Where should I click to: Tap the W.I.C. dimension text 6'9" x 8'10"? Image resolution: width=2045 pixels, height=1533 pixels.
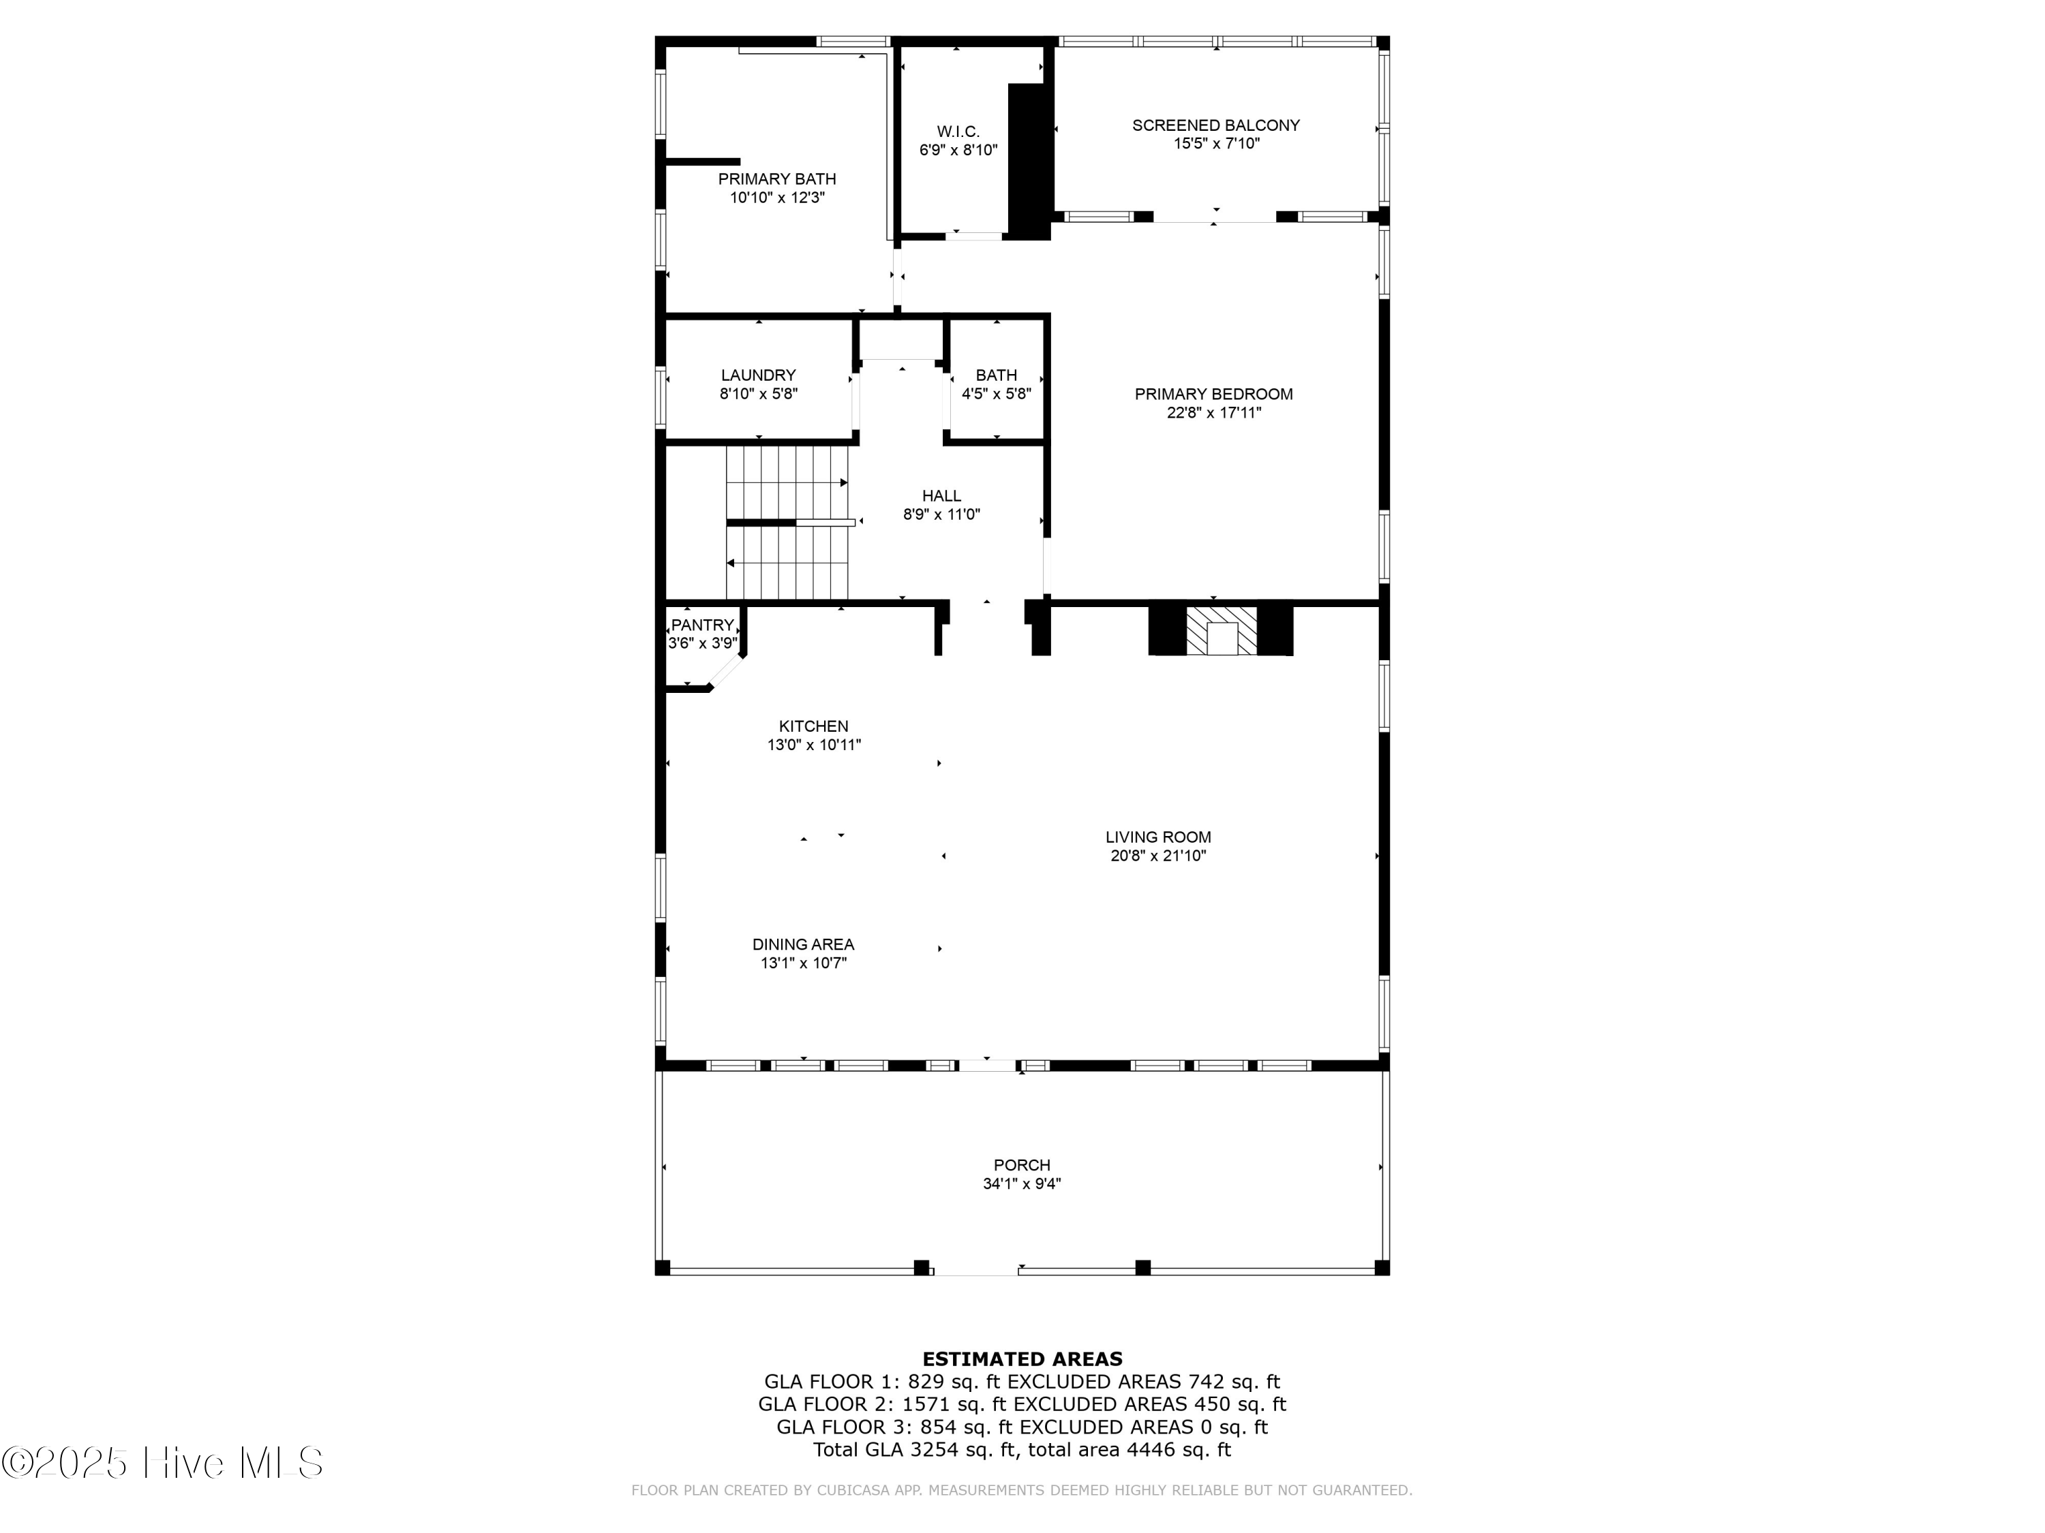(x=958, y=150)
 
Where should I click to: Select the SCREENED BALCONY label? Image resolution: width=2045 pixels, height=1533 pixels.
(x=1215, y=125)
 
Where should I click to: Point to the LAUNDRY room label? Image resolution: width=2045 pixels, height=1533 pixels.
(x=758, y=375)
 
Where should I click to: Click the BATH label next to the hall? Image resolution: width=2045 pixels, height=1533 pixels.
(x=996, y=375)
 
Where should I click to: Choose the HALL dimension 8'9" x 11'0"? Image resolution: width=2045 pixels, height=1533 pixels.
(x=941, y=514)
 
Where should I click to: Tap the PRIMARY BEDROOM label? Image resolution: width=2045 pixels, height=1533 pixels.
(x=1213, y=394)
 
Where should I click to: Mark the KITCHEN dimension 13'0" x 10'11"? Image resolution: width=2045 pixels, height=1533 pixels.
(x=813, y=745)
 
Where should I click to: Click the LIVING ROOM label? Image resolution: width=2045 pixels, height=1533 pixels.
(x=1157, y=837)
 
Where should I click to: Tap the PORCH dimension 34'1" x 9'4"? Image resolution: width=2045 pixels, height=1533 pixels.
(x=1022, y=1183)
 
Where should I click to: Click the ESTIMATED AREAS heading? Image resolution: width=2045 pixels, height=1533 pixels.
(x=1022, y=1359)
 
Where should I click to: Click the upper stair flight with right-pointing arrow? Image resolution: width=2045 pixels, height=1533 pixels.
(x=786, y=483)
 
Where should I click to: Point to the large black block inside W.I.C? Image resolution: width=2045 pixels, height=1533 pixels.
(x=1028, y=161)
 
